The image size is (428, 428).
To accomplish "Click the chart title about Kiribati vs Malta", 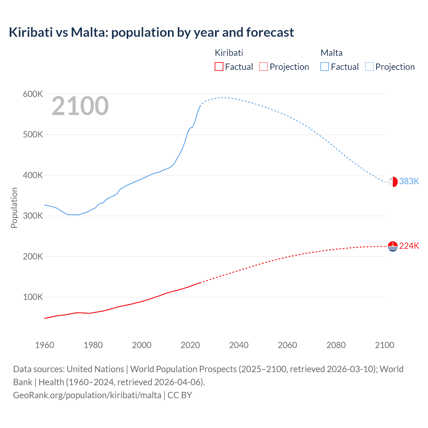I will (151, 32).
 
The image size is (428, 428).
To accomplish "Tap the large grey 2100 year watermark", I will (80, 106).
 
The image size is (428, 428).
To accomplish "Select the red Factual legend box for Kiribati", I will (219, 67).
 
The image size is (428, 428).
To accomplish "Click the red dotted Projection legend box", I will (263, 67).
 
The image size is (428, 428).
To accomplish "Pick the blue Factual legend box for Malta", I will (324, 67).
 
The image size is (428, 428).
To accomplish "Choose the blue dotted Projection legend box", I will (369, 67).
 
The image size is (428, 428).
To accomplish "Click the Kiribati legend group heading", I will (229, 53).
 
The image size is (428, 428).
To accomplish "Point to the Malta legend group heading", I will (331, 53).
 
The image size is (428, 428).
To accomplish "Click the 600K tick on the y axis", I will (33, 94).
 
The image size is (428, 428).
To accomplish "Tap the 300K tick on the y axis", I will (33, 216).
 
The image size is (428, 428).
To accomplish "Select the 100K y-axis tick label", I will (33, 297).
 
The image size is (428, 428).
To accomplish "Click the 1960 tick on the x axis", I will (44, 345).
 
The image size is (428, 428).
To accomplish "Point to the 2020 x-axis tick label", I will (190, 345).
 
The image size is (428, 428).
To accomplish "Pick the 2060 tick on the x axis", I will (287, 345).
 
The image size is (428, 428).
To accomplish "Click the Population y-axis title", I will (14, 208).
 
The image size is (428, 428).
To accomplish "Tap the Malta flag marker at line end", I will (393, 182).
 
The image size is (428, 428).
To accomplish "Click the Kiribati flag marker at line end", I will (393, 246).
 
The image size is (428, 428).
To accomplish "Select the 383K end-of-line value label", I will (409, 181).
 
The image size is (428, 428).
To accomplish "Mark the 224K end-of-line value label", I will (409, 246).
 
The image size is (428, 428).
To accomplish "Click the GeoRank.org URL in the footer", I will (87, 395).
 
